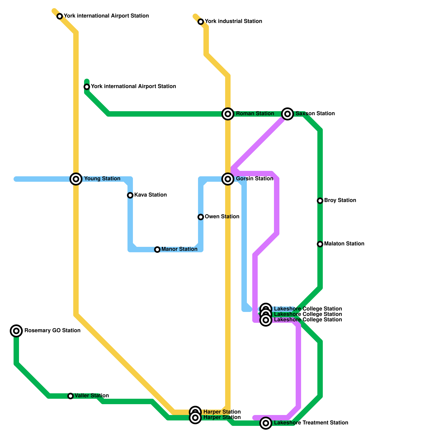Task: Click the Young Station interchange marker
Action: click(x=76, y=179)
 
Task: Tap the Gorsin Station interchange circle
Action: click(x=228, y=179)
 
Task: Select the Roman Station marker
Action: click(x=228, y=114)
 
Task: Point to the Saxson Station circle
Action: click(x=288, y=114)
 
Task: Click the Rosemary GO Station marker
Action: click(x=16, y=331)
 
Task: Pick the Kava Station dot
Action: click(x=130, y=195)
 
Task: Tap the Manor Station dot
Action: click(x=157, y=250)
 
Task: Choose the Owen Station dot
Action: click(x=201, y=217)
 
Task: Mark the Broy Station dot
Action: click(x=320, y=201)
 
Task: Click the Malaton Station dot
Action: click(x=320, y=244)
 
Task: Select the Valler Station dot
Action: click(x=71, y=396)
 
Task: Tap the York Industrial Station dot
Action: click(x=201, y=22)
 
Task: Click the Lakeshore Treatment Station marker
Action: click(x=266, y=423)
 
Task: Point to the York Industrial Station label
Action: click(x=233, y=21)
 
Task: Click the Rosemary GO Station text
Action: click(x=52, y=331)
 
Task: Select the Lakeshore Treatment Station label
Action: click(x=311, y=423)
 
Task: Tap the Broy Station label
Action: click(x=340, y=200)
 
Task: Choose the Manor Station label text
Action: click(x=179, y=249)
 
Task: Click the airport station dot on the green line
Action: click(x=87, y=87)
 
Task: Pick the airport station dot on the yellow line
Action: click(x=60, y=16)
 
